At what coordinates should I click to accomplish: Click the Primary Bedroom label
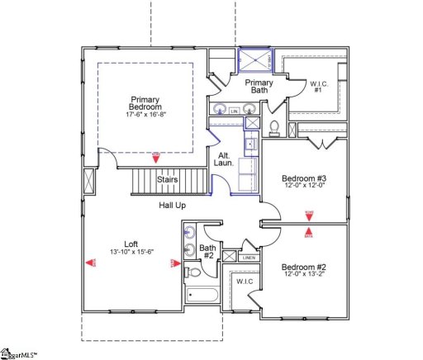pos(146,104)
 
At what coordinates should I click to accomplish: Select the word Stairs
pos(168,179)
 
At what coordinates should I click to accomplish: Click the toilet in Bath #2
pos(193,272)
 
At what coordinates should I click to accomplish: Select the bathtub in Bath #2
pos(201,295)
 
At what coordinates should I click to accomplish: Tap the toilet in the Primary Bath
pos(274,126)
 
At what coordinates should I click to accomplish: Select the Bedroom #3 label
pos(304,178)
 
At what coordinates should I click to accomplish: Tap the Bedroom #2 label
pos(304,267)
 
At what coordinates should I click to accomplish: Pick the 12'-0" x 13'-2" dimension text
pos(304,276)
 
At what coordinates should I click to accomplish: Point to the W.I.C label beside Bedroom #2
pos(245,282)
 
